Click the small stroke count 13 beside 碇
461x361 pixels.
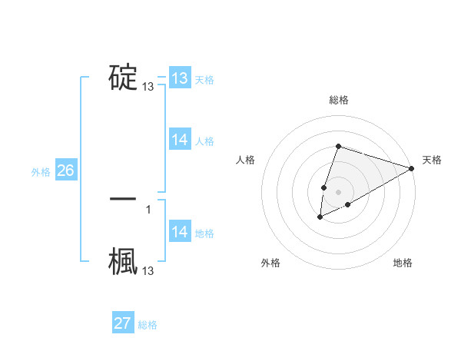(x=148, y=88)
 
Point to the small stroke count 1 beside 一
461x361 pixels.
(x=148, y=209)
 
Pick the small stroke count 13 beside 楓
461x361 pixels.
(x=148, y=271)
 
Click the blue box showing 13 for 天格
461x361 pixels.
(x=179, y=78)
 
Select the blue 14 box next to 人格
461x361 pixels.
(x=179, y=140)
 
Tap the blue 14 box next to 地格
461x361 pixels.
(x=179, y=232)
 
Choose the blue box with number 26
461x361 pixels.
(x=65, y=171)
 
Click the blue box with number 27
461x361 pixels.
(x=123, y=323)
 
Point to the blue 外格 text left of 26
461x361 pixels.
(x=41, y=172)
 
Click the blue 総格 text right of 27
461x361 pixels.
(x=148, y=325)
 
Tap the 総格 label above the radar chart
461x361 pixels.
(x=339, y=100)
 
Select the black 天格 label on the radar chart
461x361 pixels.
(x=432, y=160)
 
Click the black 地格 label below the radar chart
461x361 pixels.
(x=403, y=263)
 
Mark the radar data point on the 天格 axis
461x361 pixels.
(x=413, y=169)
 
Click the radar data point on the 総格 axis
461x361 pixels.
(x=338, y=146)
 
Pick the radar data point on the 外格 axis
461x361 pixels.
(x=320, y=218)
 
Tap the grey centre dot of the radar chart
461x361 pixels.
(x=338, y=191)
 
